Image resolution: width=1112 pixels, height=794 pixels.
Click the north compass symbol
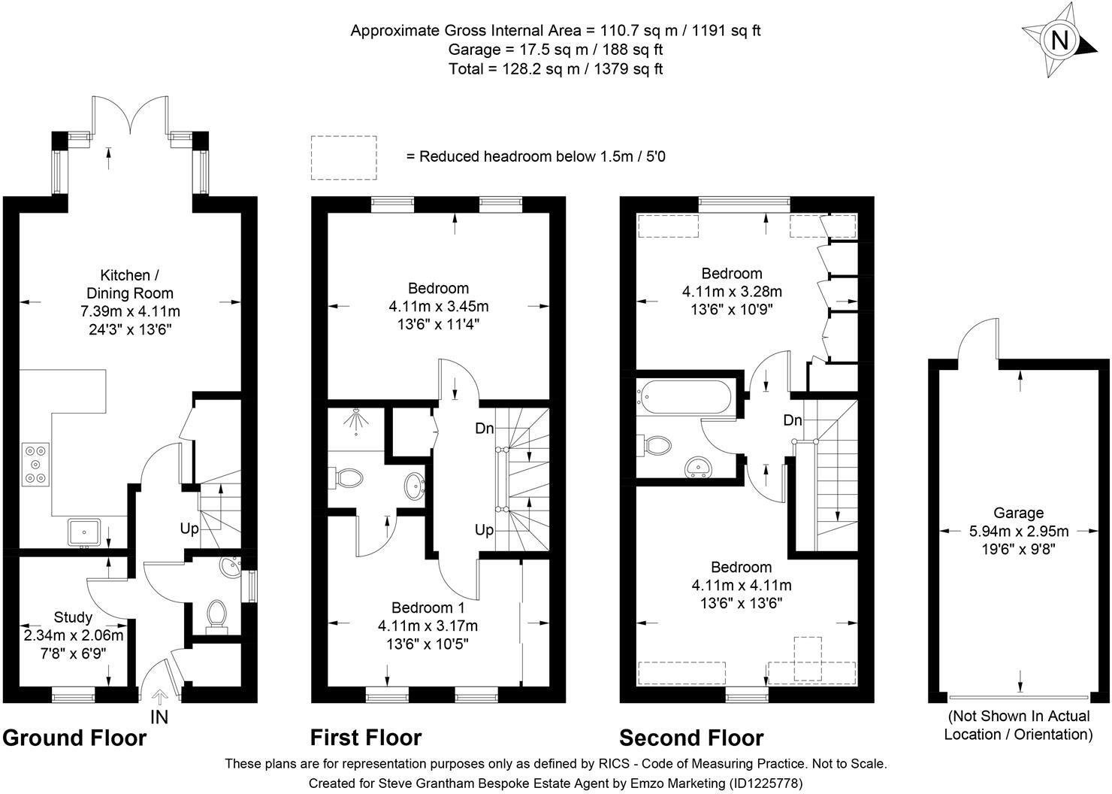click(1059, 40)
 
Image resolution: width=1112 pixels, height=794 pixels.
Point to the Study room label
click(73, 617)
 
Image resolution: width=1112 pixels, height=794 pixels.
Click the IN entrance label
click(159, 717)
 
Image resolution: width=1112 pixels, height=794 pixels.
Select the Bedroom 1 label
click(428, 608)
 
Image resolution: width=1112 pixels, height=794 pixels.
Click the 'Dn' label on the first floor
click(485, 429)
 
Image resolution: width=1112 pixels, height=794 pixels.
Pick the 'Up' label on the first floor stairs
click(485, 530)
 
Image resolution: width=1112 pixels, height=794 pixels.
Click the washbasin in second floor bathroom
click(699, 468)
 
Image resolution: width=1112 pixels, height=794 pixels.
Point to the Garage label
click(1019, 513)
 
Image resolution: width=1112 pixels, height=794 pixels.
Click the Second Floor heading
click(691, 738)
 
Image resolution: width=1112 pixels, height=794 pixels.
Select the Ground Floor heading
click(74, 738)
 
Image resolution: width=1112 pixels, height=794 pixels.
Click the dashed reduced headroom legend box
click(344, 157)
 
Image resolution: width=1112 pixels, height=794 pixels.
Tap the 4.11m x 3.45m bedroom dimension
click(439, 306)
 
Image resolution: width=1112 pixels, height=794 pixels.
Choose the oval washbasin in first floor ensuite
click(414, 486)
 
